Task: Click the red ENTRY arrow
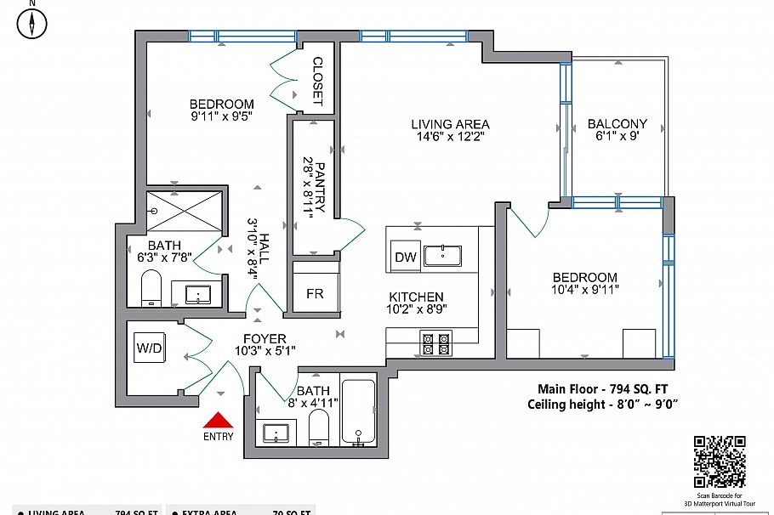click(x=219, y=421)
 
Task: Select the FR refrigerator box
click(x=315, y=294)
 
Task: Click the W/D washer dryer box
click(x=149, y=348)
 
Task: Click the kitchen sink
click(x=442, y=255)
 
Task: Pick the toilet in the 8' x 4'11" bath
click(x=319, y=427)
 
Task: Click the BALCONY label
click(x=617, y=123)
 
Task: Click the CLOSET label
click(x=317, y=81)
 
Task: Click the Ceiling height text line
click(x=602, y=405)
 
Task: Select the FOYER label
click(x=265, y=338)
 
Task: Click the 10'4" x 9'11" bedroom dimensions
click(x=585, y=291)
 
